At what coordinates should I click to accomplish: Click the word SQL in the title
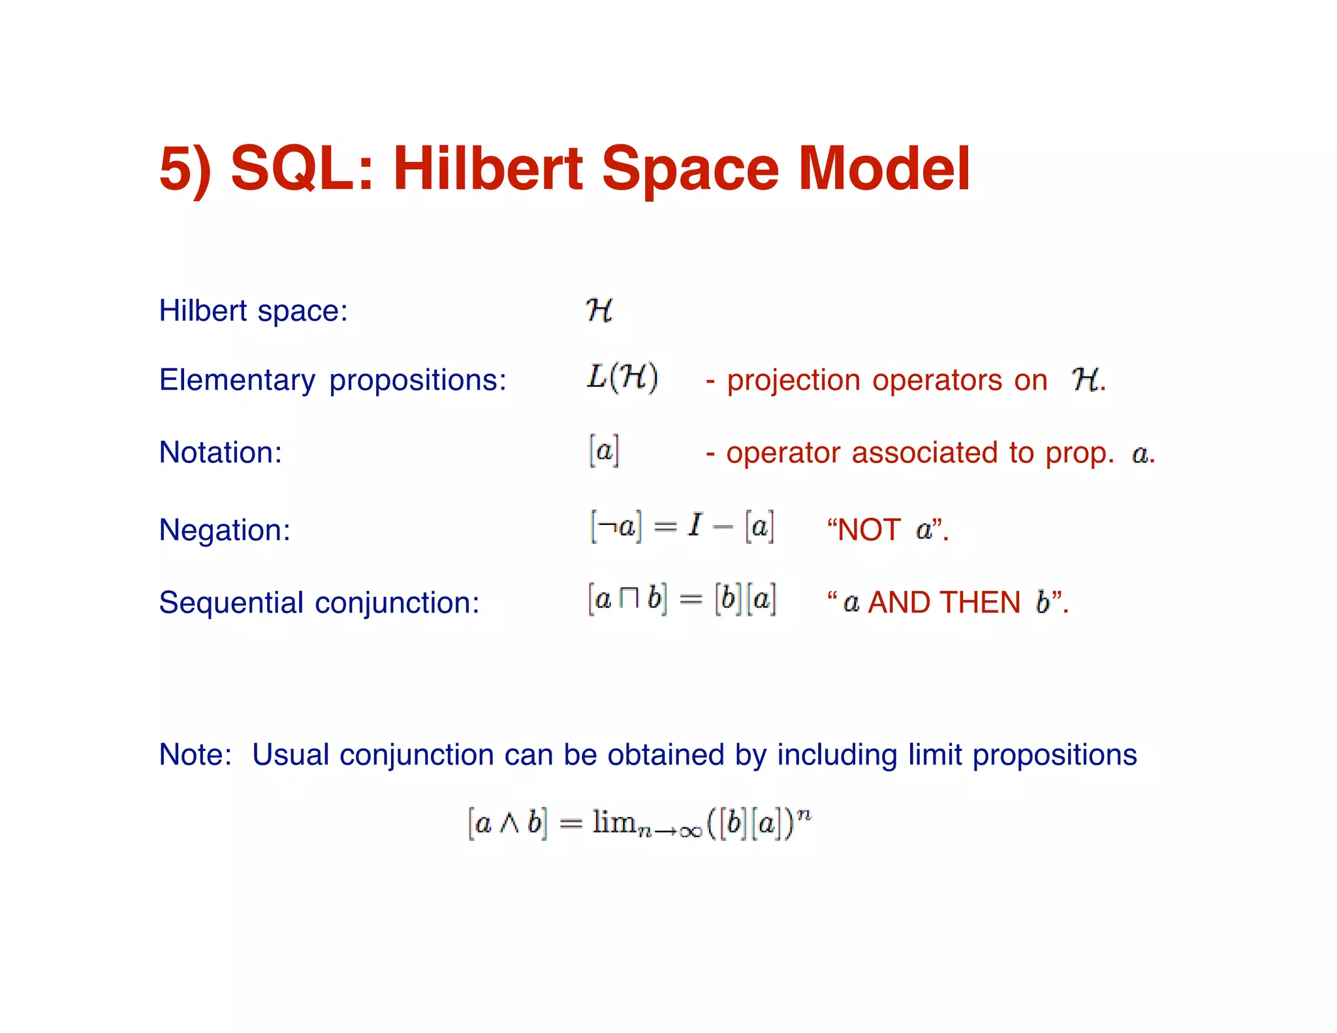click(x=302, y=168)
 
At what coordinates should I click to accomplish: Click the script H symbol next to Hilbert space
click(x=599, y=310)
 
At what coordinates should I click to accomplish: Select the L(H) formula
click(x=622, y=378)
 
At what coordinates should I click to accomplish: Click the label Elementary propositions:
click(x=333, y=380)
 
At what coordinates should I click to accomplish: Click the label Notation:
click(x=221, y=453)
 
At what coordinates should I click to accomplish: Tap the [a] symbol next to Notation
click(x=604, y=451)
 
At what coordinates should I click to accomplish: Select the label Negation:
click(x=225, y=530)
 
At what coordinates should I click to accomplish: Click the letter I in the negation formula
click(x=695, y=526)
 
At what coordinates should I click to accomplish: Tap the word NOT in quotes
click(x=869, y=530)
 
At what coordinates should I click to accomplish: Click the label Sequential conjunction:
click(x=319, y=602)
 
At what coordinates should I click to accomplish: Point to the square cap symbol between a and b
click(x=629, y=599)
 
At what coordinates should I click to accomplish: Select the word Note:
click(x=195, y=755)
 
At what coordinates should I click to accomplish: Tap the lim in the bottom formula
click(x=614, y=821)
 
